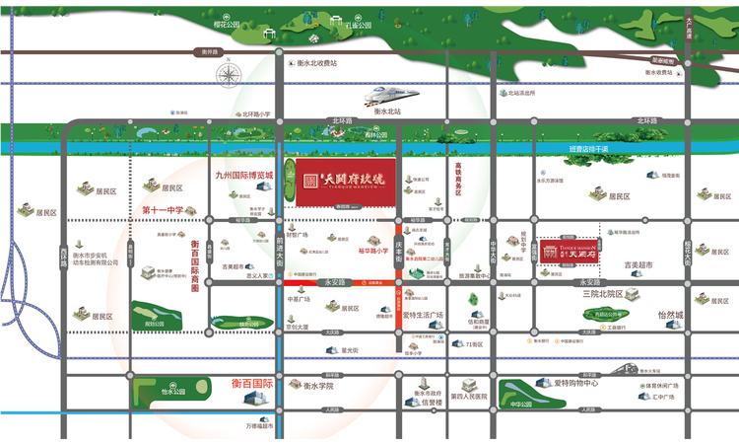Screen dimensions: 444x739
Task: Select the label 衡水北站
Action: (387, 111)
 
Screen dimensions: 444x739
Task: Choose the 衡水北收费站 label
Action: (316, 62)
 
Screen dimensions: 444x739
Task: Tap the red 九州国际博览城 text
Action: (243, 175)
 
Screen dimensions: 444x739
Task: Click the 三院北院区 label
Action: (604, 294)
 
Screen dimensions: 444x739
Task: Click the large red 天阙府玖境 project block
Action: (339, 179)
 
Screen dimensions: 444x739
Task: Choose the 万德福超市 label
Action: (259, 426)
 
